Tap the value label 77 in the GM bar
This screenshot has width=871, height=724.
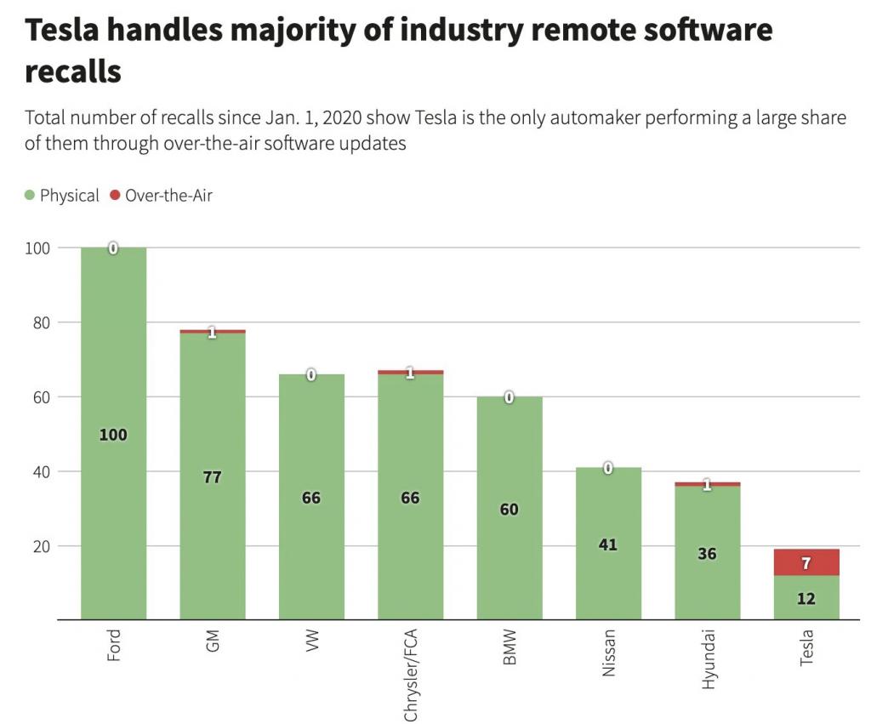tap(213, 477)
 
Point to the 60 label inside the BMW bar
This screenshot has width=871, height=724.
tap(509, 510)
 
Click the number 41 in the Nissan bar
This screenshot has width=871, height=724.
tap(607, 544)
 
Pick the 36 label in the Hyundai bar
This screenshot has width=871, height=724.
tap(707, 554)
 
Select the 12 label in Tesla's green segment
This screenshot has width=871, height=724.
tap(806, 599)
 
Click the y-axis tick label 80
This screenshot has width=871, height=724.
tap(40, 322)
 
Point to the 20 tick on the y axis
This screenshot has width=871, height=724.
tap(40, 546)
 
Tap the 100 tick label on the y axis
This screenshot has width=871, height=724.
tap(37, 248)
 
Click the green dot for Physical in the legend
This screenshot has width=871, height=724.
tap(30, 196)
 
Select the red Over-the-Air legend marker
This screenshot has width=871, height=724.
tap(115, 196)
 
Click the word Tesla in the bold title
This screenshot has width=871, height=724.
tap(69, 31)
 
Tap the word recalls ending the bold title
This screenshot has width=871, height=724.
tap(73, 71)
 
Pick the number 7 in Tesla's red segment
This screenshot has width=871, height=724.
tap(806, 564)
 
